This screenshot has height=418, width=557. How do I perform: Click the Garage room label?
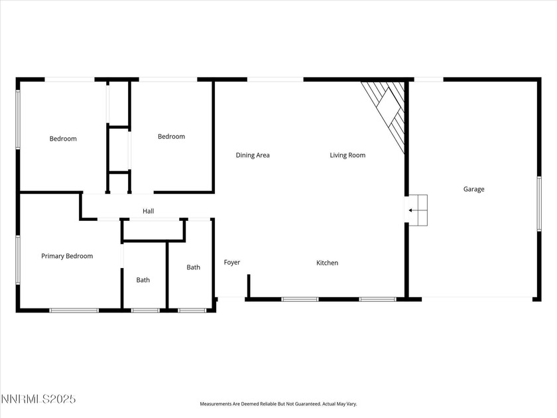coord(473,189)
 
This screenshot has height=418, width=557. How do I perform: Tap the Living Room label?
coord(347,155)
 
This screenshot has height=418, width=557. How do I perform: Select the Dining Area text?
coord(253,155)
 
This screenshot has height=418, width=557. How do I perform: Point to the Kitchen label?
coord(327,263)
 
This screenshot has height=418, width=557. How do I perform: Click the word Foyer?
coord(232,262)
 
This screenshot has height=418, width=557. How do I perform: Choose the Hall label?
coord(149,211)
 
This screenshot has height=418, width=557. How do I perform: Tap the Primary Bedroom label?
coord(67,256)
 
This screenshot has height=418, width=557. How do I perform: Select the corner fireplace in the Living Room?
coord(389,113)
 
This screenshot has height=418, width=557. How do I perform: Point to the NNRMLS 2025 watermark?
coord(38,399)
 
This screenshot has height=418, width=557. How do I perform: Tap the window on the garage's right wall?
coord(539,204)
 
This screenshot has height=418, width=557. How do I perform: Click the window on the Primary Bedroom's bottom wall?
coord(74,309)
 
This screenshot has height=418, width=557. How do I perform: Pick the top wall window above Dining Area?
coord(275,80)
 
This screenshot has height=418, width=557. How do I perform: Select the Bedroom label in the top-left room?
coord(63,139)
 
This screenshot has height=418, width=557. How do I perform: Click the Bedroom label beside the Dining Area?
coord(171,137)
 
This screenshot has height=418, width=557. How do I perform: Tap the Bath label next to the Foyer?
coord(193,267)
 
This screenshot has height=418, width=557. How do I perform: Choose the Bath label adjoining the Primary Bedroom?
coord(143,280)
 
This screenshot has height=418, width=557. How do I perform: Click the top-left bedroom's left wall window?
coord(18,119)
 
